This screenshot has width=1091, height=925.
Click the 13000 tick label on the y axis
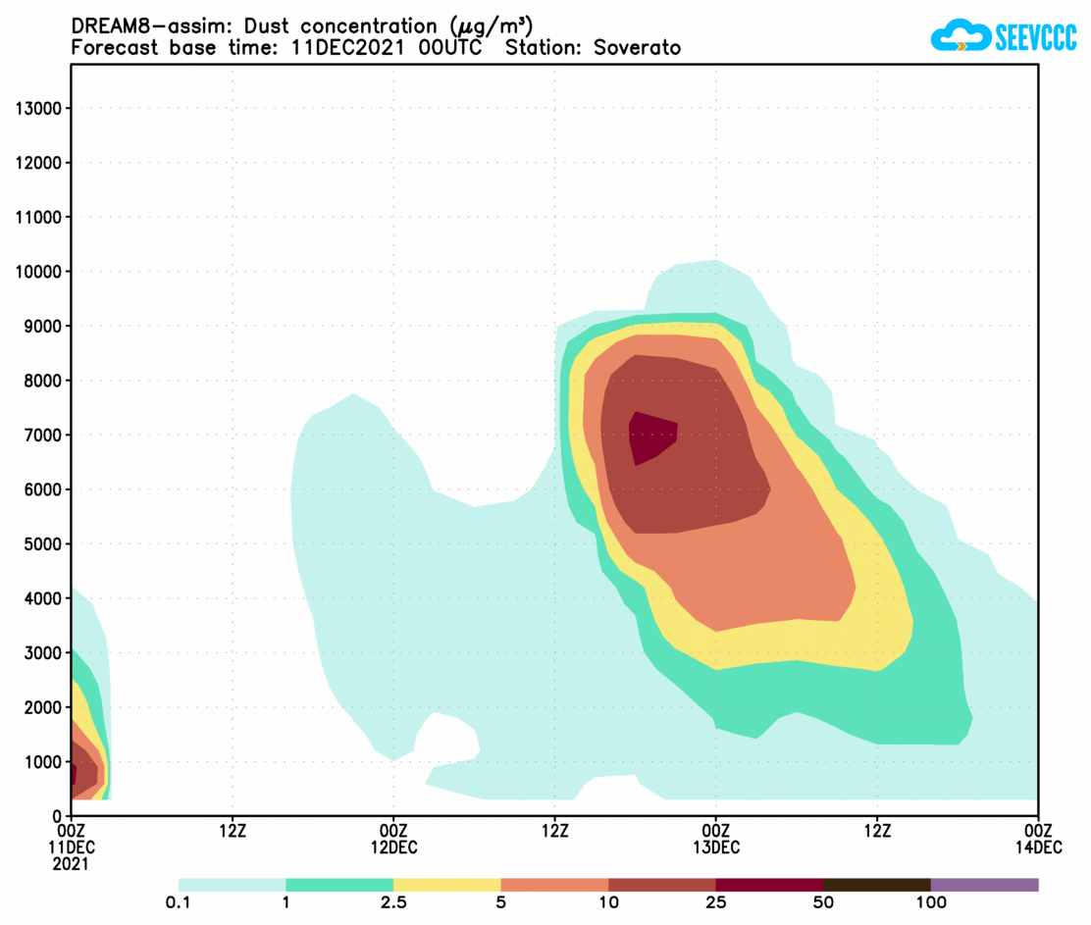(x=39, y=108)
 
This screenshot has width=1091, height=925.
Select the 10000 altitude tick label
(x=39, y=272)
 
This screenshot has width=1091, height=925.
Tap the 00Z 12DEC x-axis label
(x=393, y=839)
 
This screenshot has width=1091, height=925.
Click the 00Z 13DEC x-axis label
(x=715, y=839)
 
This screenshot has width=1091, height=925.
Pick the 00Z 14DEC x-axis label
(x=1037, y=839)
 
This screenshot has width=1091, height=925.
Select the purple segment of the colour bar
(x=984, y=884)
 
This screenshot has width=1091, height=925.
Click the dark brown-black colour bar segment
(x=876, y=884)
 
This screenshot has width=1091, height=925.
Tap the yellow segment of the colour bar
(x=446, y=884)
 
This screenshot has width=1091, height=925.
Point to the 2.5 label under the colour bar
(x=393, y=902)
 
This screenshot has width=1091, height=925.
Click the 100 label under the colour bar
(x=930, y=902)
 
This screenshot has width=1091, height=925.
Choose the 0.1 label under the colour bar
(x=179, y=902)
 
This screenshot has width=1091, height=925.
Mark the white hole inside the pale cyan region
(x=446, y=743)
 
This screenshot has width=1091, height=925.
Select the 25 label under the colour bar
(x=715, y=902)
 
